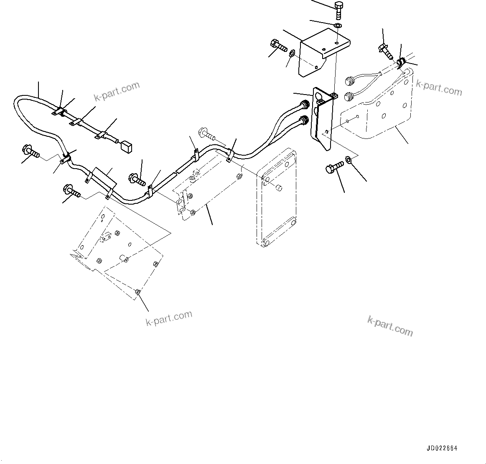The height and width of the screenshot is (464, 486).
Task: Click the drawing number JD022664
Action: point(442,448)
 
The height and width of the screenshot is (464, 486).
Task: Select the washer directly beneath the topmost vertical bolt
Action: point(338,27)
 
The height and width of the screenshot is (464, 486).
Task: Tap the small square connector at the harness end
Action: point(126,146)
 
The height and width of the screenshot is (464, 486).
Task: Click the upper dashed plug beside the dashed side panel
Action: point(349,80)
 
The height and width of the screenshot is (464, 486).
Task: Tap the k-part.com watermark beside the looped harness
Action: point(117,91)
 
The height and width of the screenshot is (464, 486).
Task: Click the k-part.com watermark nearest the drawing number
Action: point(390,326)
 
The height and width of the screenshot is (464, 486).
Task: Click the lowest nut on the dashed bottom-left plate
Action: point(138,292)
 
